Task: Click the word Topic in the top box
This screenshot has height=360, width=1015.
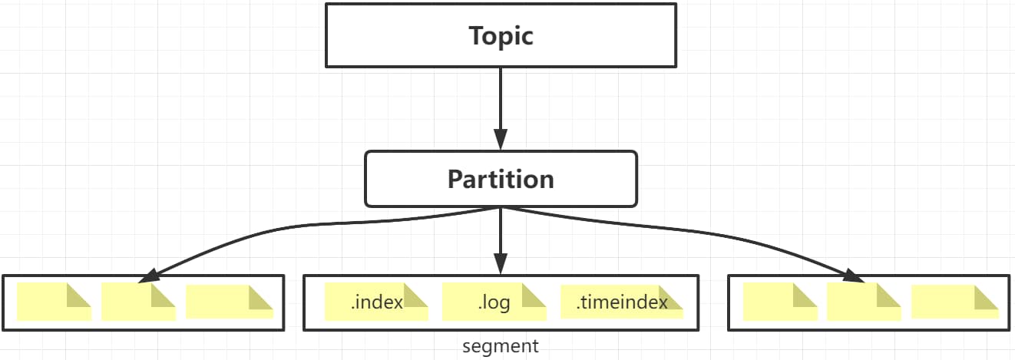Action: (501, 36)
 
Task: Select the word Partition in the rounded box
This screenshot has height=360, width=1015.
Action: (501, 180)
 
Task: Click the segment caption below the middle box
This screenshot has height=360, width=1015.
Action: (501, 346)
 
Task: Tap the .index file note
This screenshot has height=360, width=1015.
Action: (376, 302)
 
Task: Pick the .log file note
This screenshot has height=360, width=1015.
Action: (494, 302)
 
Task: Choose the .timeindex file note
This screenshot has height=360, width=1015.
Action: (622, 302)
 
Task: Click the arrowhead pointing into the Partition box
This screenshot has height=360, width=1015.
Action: (501, 139)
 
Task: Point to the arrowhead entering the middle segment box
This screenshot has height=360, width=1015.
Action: (501, 264)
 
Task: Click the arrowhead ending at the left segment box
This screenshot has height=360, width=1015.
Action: (149, 276)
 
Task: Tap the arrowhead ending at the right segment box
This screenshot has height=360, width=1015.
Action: (854, 276)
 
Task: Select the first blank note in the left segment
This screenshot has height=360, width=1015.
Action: (55, 302)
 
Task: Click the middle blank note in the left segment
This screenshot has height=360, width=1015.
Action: (138, 302)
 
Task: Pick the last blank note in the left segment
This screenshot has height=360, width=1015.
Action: (230, 302)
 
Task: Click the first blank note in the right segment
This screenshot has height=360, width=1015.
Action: (780, 302)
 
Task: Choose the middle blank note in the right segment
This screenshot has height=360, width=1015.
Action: (864, 302)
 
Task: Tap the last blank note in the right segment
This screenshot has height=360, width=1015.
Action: (955, 302)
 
